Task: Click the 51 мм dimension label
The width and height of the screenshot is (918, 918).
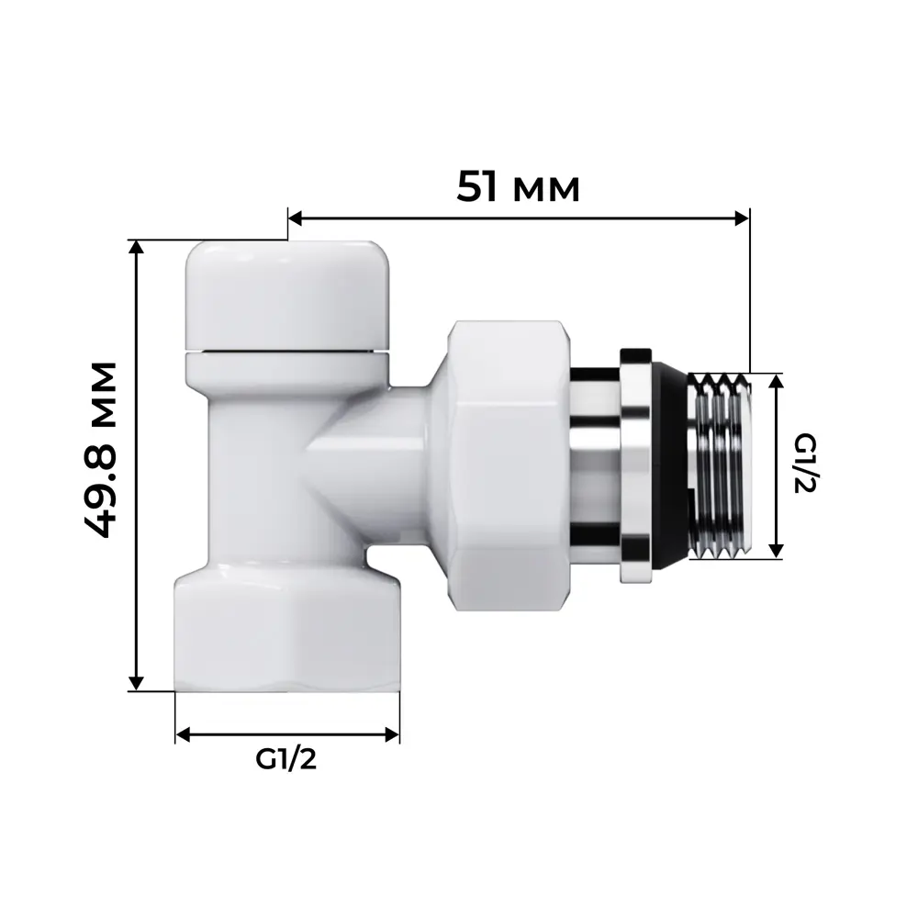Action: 519,188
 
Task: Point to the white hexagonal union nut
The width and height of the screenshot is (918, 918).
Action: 508,466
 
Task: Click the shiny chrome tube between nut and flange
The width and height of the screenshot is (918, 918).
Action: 595,465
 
